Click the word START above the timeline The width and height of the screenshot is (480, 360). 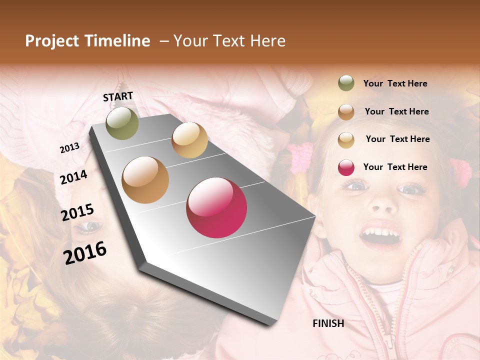click(118, 96)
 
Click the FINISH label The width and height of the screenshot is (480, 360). click(328, 323)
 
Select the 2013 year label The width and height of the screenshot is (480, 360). click(69, 148)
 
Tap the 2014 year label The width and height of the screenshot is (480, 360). click(73, 177)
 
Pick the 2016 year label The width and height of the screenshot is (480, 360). click(85, 252)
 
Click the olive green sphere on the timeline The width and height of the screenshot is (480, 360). click(122, 123)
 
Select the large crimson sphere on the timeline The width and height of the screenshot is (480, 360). click(216, 207)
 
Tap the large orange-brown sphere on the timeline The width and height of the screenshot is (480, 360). click(145, 180)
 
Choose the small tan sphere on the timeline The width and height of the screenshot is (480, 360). click(189, 140)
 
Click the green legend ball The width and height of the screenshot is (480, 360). click(346, 83)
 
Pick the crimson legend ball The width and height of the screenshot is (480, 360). click(346, 167)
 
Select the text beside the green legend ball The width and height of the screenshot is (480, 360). click(395, 84)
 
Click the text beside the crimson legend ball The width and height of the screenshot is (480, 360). click(395, 167)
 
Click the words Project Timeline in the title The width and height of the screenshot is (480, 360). click(87, 41)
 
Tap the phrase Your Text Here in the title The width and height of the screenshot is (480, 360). click(229, 41)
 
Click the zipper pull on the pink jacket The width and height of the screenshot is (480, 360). click(388, 341)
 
